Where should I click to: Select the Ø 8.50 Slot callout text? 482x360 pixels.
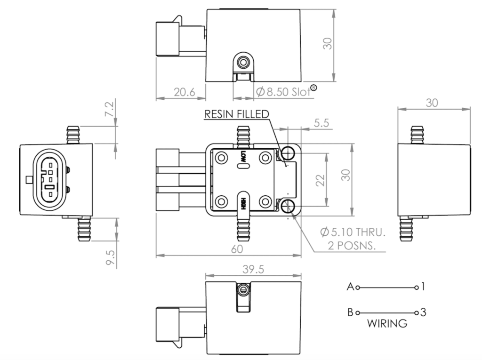[x=283, y=91]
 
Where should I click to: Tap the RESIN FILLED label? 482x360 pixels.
[x=236, y=114]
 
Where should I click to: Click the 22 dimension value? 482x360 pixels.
[x=321, y=180]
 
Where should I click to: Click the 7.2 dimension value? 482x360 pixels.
[x=109, y=109]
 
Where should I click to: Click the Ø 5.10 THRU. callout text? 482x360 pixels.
[x=352, y=232]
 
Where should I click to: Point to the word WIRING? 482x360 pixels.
[x=387, y=324]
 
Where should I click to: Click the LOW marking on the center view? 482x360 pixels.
[x=243, y=156]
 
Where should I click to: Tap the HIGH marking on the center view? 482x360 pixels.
[x=243, y=203]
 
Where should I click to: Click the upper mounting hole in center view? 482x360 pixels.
[x=288, y=152]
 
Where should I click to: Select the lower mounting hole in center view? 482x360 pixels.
[x=288, y=206]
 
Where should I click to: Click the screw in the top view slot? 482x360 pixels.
[x=243, y=62]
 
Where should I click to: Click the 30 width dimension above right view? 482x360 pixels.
[x=434, y=103]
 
